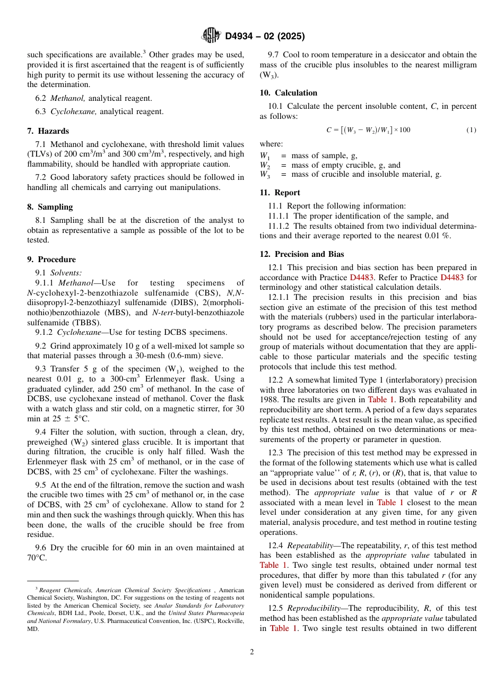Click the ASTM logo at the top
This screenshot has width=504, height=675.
pyautogui.click(x=211, y=36)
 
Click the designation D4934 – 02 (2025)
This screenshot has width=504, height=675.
pyautogui.click(x=265, y=37)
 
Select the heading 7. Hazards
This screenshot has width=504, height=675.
pyautogui.click(x=48, y=131)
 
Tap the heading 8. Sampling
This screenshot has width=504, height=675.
pyautogui.click(x=50, y=207)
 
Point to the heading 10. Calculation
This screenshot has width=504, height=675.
pyautogui.click(x=288, y=93)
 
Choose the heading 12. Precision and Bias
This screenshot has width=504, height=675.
pyautogui.click(x=301, y=254)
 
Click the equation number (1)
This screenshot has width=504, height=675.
pyautogui.click(x=471, y=130)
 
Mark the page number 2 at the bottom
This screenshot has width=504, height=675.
pyautogui.click(x=252, y=652)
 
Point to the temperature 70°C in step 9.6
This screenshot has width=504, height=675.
pyautogui.click(x=37, y=558)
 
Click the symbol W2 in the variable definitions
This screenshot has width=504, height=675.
pyautogui.click(x=264, y=165)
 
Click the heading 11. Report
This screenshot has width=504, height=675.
pyautogui.click(x=280, y=193)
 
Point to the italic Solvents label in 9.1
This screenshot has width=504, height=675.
pyautogui.click(x=65, y=273)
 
